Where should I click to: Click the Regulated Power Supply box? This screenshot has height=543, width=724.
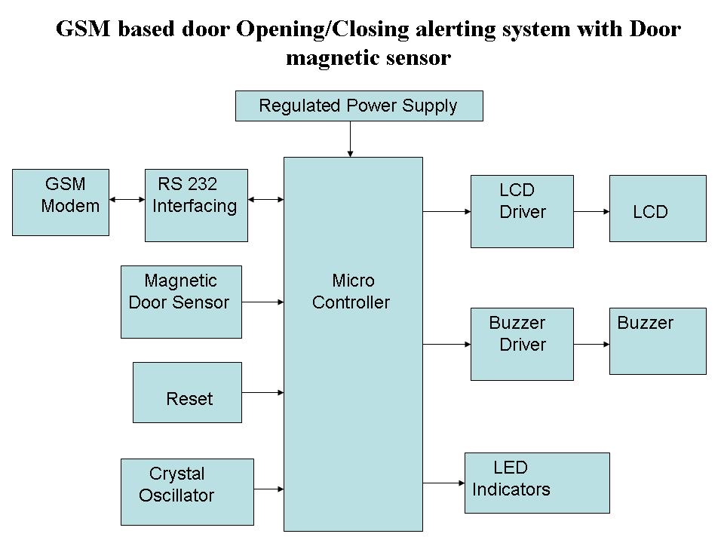359,106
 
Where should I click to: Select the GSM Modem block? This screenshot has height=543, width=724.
61,202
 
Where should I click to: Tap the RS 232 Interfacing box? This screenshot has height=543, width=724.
196,205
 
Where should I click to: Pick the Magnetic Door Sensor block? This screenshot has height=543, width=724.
181,302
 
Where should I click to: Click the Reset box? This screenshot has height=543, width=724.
187,392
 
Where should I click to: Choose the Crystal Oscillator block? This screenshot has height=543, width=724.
187,492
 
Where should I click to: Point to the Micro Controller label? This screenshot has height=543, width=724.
351,292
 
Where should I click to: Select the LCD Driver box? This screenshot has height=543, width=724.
522,211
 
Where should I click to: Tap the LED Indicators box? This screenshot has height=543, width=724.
536,483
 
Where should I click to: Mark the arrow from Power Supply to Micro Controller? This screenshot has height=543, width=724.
351,139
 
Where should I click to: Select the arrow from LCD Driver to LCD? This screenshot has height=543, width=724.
591,212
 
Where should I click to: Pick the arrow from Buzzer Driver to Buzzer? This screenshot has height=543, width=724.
591,345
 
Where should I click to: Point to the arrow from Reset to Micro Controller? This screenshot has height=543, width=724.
262,392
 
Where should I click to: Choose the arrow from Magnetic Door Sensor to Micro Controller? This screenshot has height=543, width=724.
262,302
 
